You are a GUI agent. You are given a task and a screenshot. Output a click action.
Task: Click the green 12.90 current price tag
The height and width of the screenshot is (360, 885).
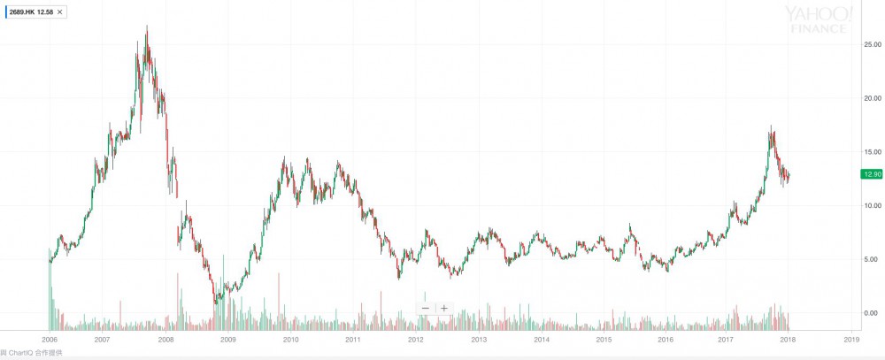point(869,174)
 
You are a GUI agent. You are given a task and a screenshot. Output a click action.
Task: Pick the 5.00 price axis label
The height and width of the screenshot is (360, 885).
point(872,259)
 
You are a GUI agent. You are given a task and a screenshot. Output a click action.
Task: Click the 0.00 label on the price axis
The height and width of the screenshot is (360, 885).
point(872,313)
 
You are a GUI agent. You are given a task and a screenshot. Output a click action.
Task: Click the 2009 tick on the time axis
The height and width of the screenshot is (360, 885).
point(227,339)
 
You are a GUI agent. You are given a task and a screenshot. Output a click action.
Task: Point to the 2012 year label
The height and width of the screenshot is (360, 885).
point(416,339)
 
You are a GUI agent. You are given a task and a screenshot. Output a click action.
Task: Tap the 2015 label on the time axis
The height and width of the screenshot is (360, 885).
point(604,339)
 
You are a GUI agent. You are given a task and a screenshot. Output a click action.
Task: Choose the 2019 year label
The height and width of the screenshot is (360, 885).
point(851,339)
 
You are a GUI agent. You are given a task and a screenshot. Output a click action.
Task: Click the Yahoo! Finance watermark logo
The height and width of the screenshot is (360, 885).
point(819,19)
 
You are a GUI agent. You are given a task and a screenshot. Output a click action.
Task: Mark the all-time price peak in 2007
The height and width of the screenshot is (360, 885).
point(146,27)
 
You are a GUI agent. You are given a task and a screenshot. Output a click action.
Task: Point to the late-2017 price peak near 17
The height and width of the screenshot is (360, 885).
point(771,126)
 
